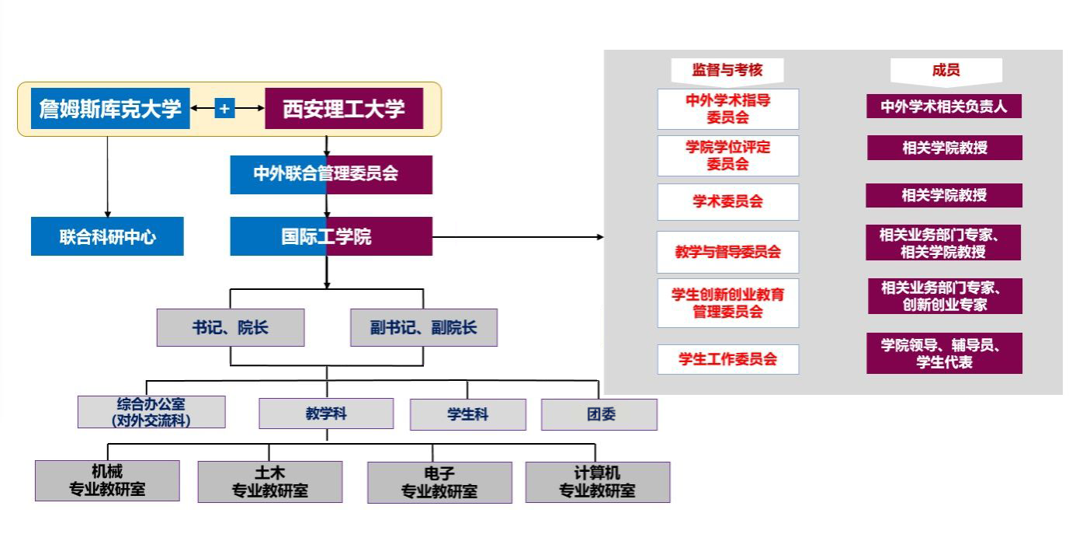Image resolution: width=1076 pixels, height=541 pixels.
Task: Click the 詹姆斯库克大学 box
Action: point(110,109)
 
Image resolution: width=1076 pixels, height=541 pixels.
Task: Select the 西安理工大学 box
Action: point(344,109)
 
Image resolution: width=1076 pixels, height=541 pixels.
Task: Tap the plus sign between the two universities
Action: point(224,109)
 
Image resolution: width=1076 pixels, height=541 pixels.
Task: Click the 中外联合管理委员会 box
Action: point(331,174)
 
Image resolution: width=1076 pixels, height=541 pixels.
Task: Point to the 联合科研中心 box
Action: point(107,236)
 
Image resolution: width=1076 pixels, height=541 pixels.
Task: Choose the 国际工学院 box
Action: point(331,236)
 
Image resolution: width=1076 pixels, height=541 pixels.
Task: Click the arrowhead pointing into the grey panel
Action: point(600,236)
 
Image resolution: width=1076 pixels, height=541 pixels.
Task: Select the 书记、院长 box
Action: point(231,327)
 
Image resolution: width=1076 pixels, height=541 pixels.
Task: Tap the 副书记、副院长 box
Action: point(423,327)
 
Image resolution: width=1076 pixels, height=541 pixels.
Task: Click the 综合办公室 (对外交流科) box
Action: point(151,412)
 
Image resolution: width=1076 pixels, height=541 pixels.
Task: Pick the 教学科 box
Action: point(326,414)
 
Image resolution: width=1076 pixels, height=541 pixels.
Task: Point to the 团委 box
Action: point(599,414)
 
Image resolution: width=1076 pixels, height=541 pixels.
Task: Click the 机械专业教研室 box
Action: point(107,480)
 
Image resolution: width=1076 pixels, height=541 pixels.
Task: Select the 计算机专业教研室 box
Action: point(597,482)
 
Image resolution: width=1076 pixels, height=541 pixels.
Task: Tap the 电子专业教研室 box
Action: point(439,483)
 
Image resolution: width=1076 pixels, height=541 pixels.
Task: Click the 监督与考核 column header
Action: point(727,70)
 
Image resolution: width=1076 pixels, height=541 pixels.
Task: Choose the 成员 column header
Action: point(946,70)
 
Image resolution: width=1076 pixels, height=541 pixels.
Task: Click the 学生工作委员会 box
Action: point(727,359)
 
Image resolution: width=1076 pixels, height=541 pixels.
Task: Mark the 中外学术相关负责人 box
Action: point(943,106)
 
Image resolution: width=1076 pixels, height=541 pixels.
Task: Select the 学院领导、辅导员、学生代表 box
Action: point(944,354)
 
